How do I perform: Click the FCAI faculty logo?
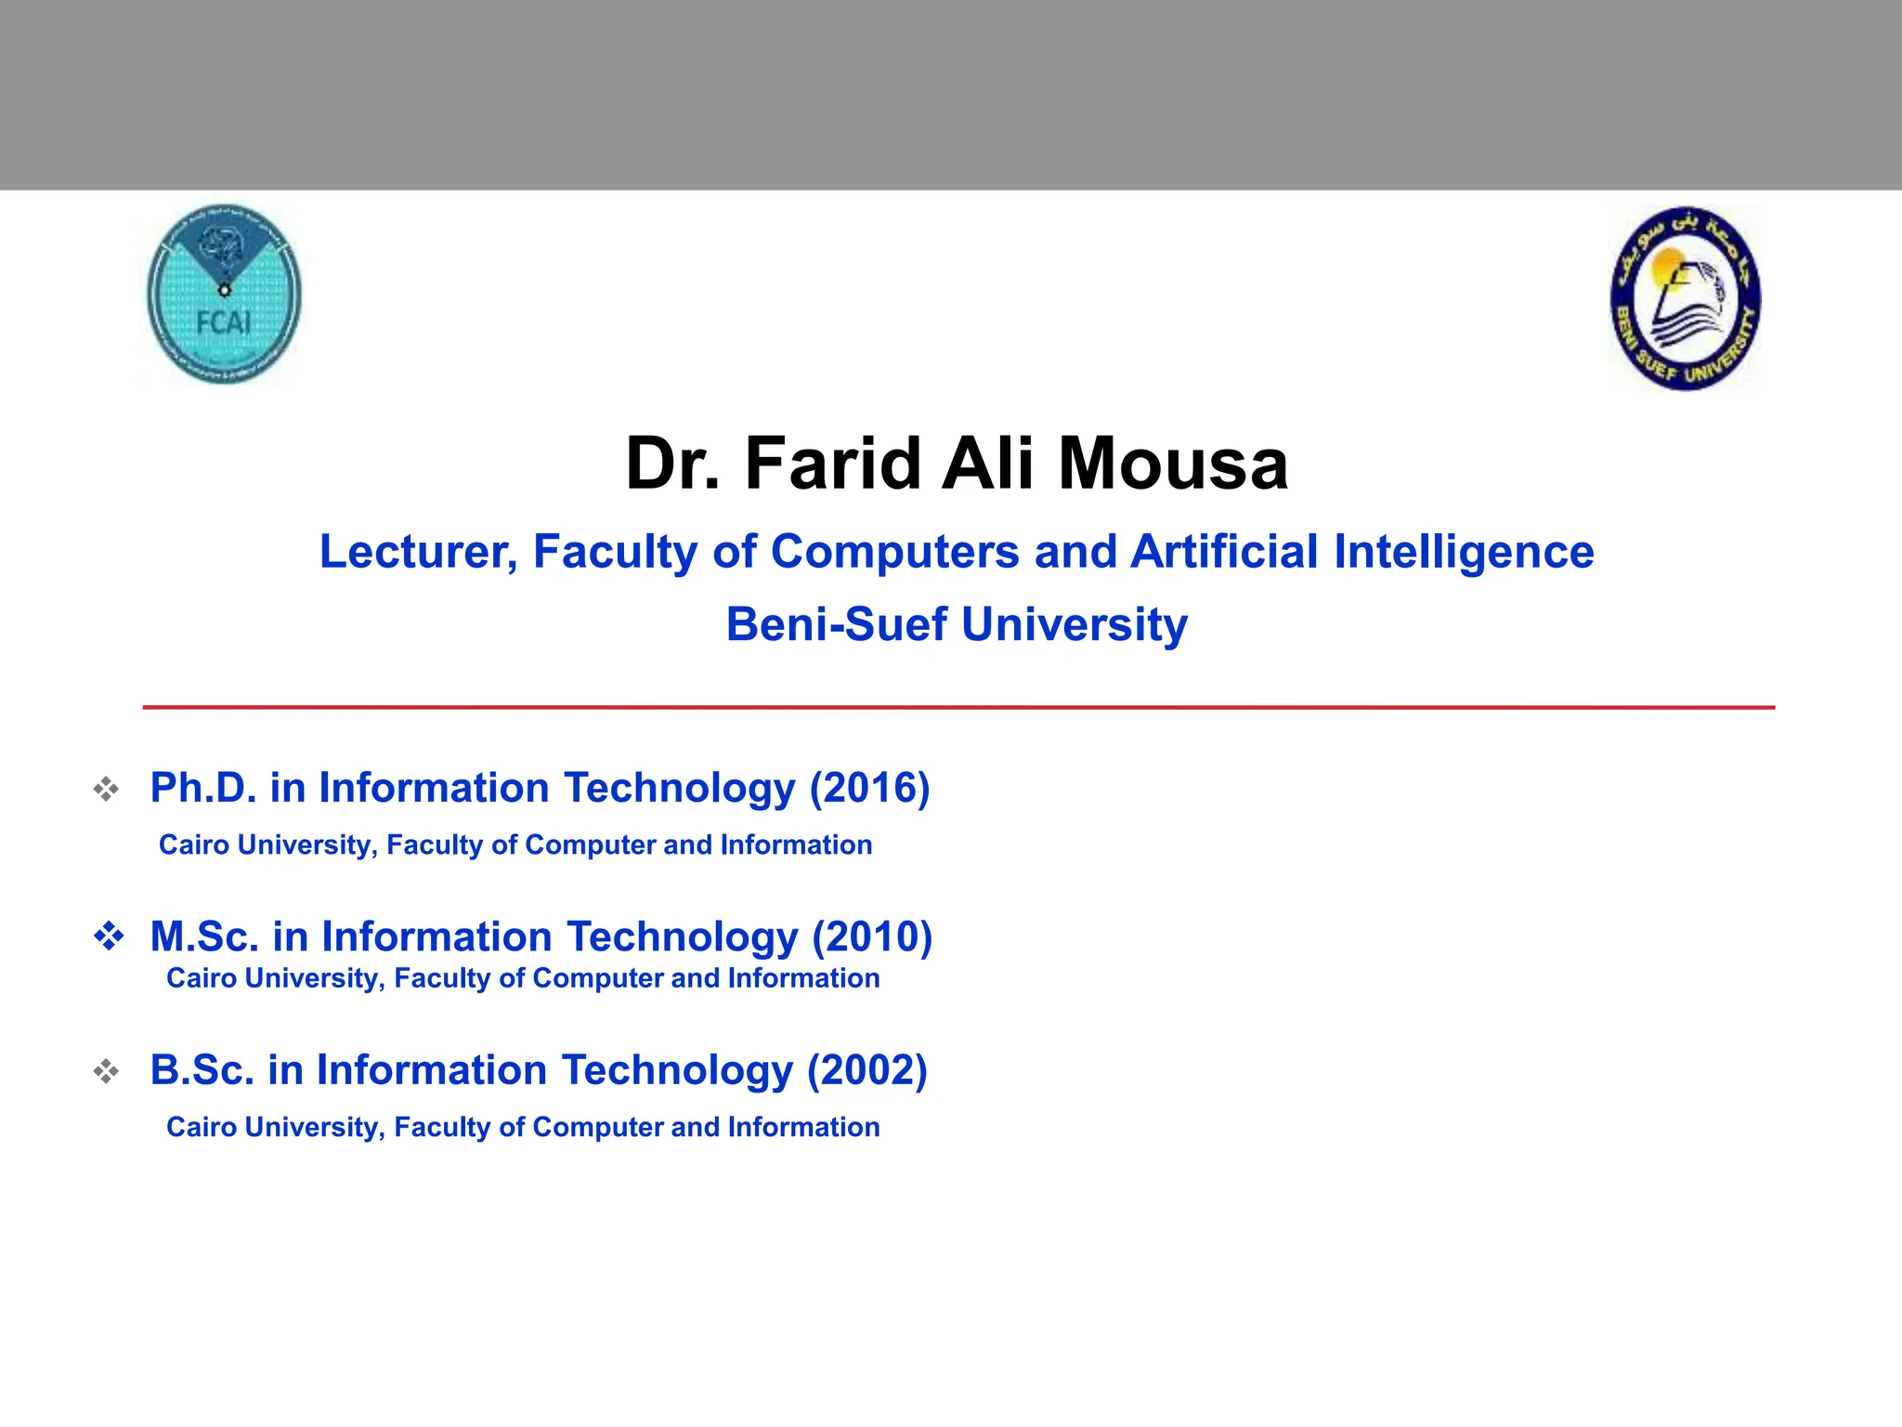pyautogui.click(x=224, y=295)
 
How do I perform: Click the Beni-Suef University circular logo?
pyautogui.click(x=1685, y=298)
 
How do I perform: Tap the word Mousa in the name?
pyautogui.click(x=1173, y=464)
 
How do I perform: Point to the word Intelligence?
pyautogui.click(x=1464, y=552)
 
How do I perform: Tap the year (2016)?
pyautogui.click(x=869, y=788)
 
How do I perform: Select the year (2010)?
pyautogui.click(x=872, y=936)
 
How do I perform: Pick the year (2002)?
pyautogui.click(x=867, y=1070)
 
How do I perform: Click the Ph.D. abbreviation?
pyautogui.click(x=202, y=788)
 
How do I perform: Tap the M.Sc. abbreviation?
pyautogui.click(x=204, y=936)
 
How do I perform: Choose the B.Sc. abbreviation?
pyautogui.click(x=202, y=1070)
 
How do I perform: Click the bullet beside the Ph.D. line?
pyautogui.click(x=107, y=790)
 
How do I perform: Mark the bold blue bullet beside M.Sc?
pyautogui.click(x=109, y=936)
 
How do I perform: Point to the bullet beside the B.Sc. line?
pyautogui.click(x=107, y=1072)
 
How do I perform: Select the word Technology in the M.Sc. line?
pyautogui.click(x=683, y=936)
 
